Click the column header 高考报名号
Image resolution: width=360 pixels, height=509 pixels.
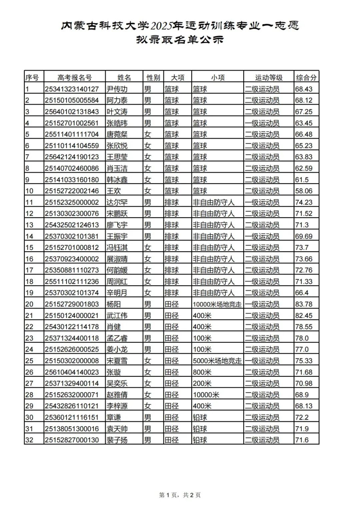pos(74,78)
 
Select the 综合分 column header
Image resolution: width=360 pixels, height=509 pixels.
pos(306,78)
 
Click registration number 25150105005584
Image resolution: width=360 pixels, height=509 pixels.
pos(72,100)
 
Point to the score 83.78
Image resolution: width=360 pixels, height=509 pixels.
pos(304,304)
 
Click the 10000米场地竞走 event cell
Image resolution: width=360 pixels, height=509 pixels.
pos(217,304)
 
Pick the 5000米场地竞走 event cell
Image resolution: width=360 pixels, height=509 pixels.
pos(217,361)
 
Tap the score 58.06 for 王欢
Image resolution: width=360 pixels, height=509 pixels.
pos(304,191)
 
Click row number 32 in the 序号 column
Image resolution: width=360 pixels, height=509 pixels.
pos(29,440)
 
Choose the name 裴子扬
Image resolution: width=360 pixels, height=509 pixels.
pos(117,440)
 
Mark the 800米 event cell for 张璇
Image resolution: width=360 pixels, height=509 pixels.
pos(202,372)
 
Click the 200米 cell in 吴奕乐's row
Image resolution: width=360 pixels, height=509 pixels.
pos(202,384)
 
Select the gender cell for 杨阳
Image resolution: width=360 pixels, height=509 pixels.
pos(148,304)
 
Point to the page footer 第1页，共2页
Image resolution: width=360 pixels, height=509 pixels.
pos(180,495)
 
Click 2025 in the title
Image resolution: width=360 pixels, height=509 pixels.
pos(162,26)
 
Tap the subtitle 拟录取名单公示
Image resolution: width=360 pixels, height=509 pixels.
pos(180,40)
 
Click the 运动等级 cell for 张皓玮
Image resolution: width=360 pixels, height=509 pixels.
pos(262,123)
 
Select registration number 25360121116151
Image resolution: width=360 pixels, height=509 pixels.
pos(72,417)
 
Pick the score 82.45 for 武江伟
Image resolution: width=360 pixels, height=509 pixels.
pos(304,316)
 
